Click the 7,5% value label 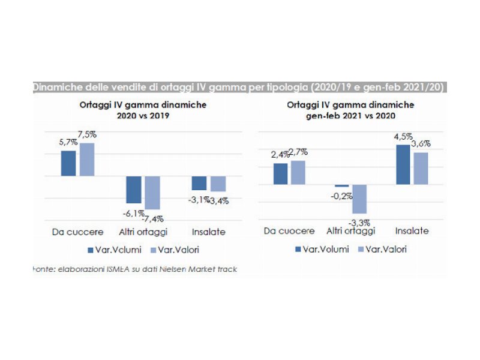tap(88, 134)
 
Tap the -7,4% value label tap(152, 218)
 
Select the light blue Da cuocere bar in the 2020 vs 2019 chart tap(88, 159)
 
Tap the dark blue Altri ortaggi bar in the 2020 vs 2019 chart tap(133, 190)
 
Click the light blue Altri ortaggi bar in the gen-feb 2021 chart tap(359, 199)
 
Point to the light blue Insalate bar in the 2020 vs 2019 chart tap(218, 184)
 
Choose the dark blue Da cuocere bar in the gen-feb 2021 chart tap(281, 173)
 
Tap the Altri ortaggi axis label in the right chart tap(351, 230)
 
